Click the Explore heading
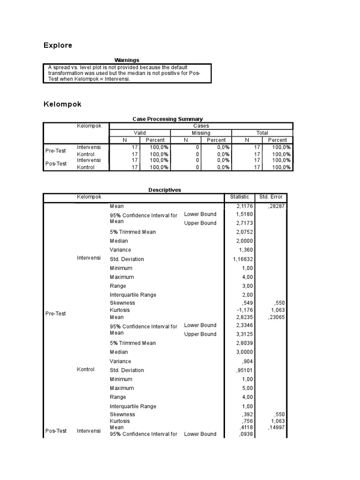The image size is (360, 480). [58, 45]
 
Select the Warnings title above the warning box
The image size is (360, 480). [127, 60]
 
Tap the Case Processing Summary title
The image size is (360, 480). [168, 119]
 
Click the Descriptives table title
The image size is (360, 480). [165, 190]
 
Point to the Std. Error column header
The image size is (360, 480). [270, 197]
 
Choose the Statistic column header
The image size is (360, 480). [240, 197]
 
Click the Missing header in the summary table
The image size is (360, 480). [201, 133]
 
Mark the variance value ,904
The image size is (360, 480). [242, 361]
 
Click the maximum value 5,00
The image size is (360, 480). [240, 388]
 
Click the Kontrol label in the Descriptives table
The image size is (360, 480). [85, 369]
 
